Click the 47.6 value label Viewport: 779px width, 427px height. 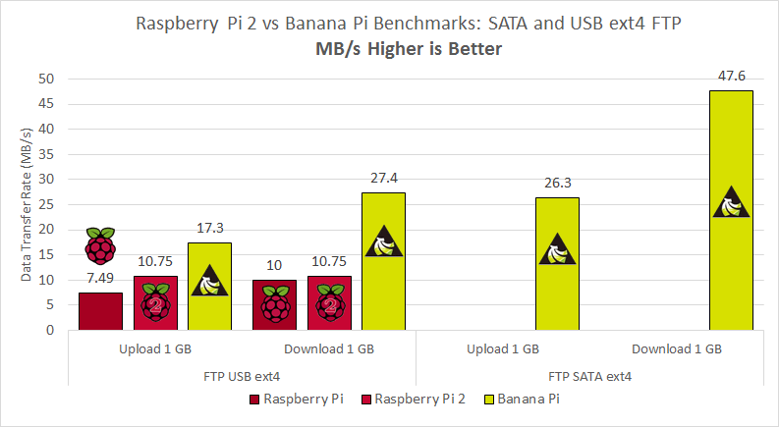730,75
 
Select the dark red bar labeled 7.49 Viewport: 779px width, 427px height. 100,311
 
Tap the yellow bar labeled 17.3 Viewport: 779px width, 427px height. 209,287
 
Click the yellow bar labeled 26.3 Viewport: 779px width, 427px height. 557,264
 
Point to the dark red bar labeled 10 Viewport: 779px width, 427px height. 274,305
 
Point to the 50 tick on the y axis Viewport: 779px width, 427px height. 47,79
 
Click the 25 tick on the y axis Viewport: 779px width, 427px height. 47,204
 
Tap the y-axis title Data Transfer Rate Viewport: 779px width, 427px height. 27,204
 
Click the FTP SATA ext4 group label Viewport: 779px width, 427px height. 589,376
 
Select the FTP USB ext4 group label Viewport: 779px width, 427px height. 242,376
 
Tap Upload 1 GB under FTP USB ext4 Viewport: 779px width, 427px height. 154,348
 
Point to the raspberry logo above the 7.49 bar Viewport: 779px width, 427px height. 100,245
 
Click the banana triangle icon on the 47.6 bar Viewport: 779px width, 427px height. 731,202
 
